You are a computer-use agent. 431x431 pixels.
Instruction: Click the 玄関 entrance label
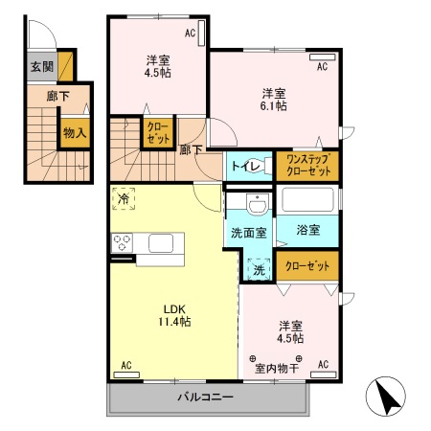(x=40, y=66)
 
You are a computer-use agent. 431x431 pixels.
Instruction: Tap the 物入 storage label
(x=74, y=133)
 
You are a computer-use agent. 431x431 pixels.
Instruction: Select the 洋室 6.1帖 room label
(x=274, y=100)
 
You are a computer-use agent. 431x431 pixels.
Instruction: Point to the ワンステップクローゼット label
(x=306, y=164)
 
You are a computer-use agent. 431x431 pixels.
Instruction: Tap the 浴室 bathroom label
(x=307, y=231)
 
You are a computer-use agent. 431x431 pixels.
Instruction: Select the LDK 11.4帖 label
(x=173, y=315)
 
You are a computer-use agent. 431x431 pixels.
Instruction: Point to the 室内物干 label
(x=277, y=365)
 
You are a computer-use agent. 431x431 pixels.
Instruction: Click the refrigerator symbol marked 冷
(x=124, y=199)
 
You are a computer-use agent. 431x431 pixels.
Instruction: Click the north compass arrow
(x=385, y=397)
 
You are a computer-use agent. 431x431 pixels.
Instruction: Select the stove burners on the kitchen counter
(x=123, y=244)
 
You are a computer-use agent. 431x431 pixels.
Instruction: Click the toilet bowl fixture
(x=260, y=164)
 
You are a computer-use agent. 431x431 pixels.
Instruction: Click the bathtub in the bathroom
(x=306, y=201)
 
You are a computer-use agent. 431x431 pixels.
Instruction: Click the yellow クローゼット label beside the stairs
(x=157, y=133)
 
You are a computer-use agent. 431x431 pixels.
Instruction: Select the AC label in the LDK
(x=125, y=365)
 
